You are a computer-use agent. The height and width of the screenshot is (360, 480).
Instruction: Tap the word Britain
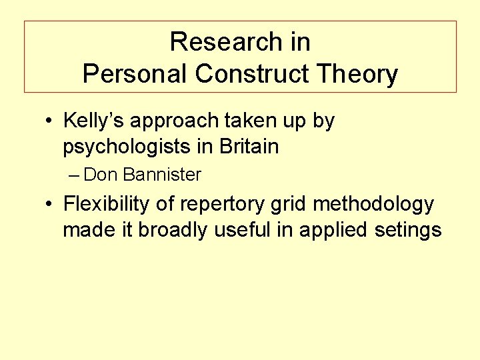pyautogui.click(x=248, y=146)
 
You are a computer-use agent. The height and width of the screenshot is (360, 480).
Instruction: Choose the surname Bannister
pyautogui.click(x=162, y=175)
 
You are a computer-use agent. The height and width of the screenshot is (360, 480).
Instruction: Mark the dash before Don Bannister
pyautogui.click(x=74, y=175)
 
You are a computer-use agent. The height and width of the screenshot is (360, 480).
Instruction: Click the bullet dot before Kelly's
pyautogui.click(x=49, y=122)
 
